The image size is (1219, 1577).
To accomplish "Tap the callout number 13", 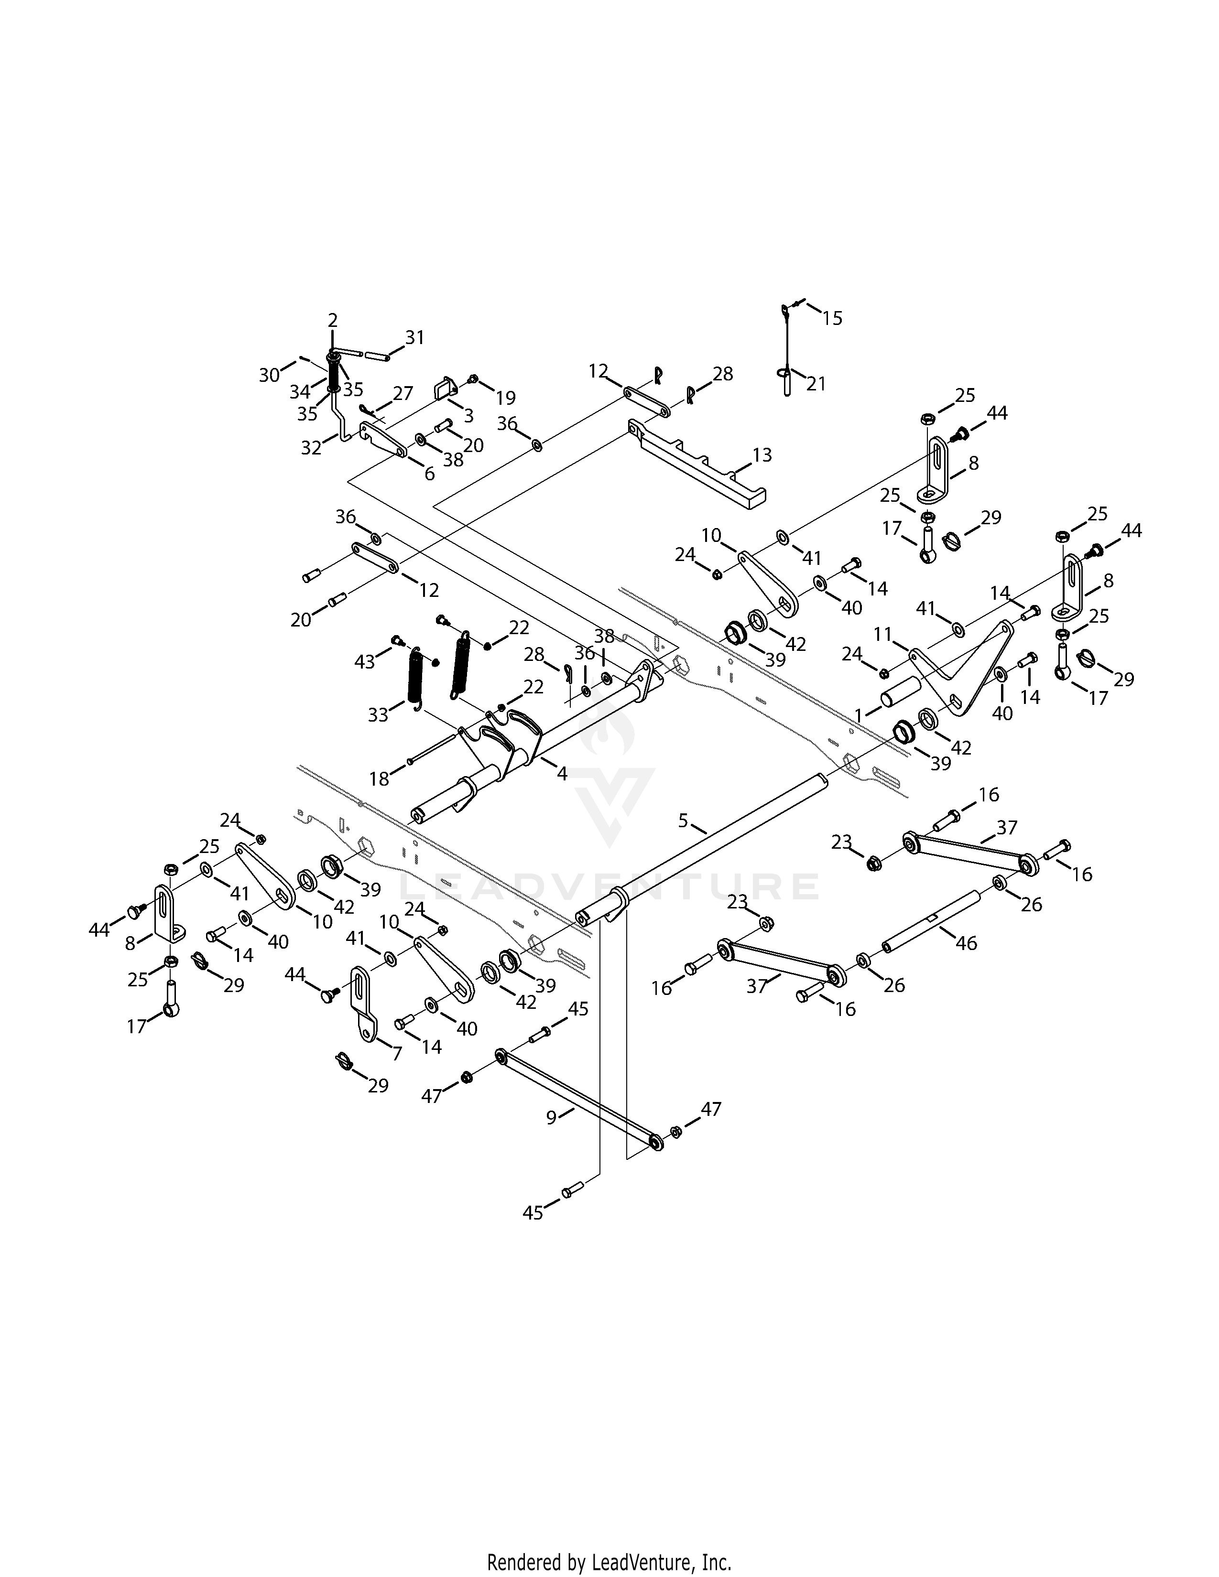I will pos(762,455).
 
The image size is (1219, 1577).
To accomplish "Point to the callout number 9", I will pos(552,1117).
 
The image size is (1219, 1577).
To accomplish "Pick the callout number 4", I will pos(562,774).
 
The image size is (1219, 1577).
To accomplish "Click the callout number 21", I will pos(816,384).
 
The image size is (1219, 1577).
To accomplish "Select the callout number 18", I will pos(379,778).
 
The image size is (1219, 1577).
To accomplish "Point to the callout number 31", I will pos(414,337).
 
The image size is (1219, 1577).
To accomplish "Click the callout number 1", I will pos(859,715).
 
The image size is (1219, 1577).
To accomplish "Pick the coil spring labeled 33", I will pos(416,675).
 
